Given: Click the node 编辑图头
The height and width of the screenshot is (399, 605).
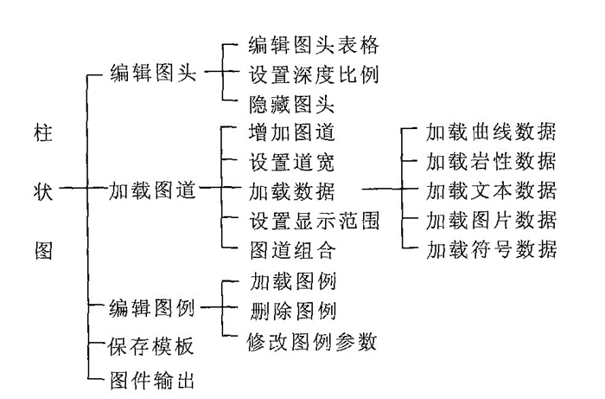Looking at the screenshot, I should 153,74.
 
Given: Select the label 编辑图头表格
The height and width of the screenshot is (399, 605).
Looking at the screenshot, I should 313,45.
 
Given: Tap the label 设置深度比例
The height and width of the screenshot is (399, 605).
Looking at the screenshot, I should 313,74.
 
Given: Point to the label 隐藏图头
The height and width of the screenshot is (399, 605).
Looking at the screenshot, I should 290,104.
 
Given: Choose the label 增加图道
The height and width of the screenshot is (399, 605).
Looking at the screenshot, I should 290,132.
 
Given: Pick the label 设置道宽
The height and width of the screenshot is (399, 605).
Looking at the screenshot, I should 290,162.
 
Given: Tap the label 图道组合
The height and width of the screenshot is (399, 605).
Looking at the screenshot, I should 290,250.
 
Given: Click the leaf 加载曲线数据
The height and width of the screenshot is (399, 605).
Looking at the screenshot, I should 491,132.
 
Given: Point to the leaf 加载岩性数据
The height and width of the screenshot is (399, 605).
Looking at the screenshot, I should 491,162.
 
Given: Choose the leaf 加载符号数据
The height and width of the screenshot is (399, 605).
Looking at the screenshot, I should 491,250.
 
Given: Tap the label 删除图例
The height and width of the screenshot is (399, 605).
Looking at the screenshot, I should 290,310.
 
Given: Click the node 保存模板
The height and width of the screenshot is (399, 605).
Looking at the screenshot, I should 153,346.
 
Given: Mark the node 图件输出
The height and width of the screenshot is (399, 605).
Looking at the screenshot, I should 153,378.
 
